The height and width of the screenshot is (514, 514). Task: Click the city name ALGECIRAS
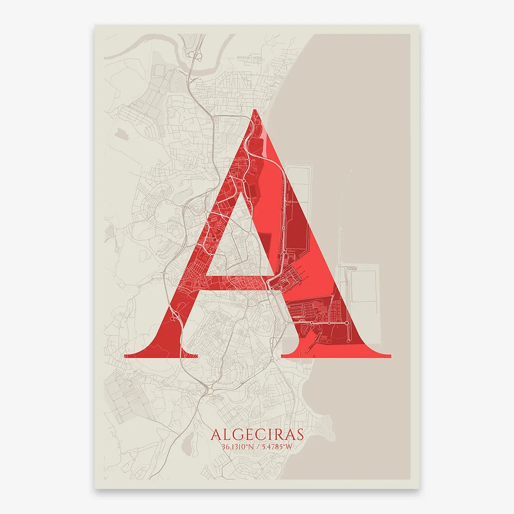pyautogui.click(x=257, y=434)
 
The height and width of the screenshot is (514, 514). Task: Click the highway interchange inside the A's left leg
pyautogui.click(x=176, y=315)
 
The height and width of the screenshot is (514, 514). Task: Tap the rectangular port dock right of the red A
pyautogui.click(x=364, y=286)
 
